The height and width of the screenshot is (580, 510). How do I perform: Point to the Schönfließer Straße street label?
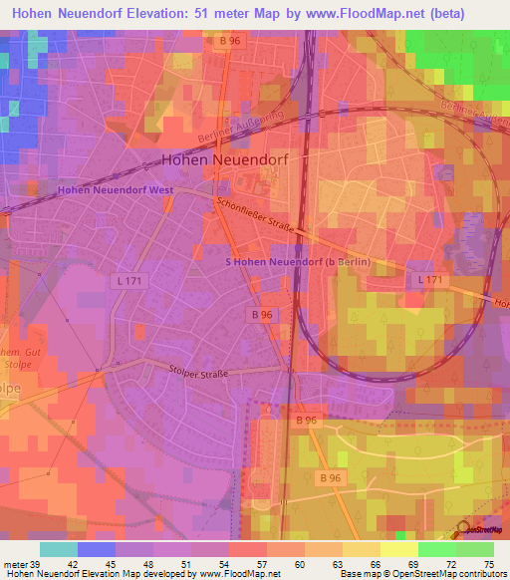click(x=254, y=214)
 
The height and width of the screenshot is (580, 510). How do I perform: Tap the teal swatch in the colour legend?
click(x=59, y=549)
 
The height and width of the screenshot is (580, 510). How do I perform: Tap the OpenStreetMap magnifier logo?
click(x=463, y=529)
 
